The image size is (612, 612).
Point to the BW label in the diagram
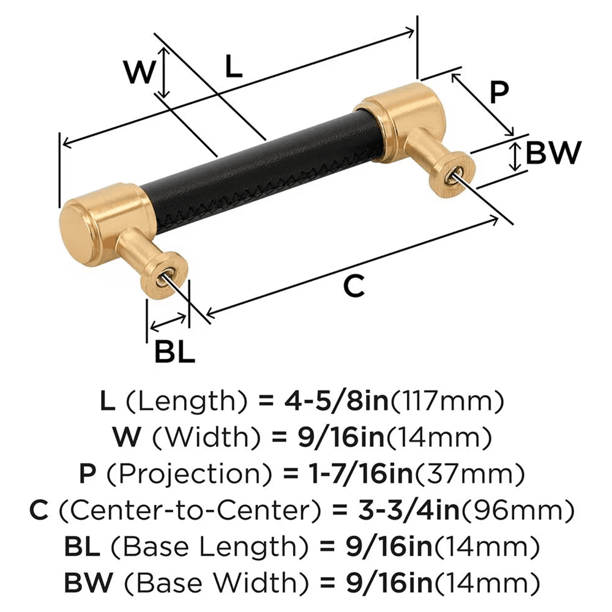[x=553, y=154]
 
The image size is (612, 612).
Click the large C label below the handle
[x=354, y=286]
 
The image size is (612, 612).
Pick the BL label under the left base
[x=174, y=353]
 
